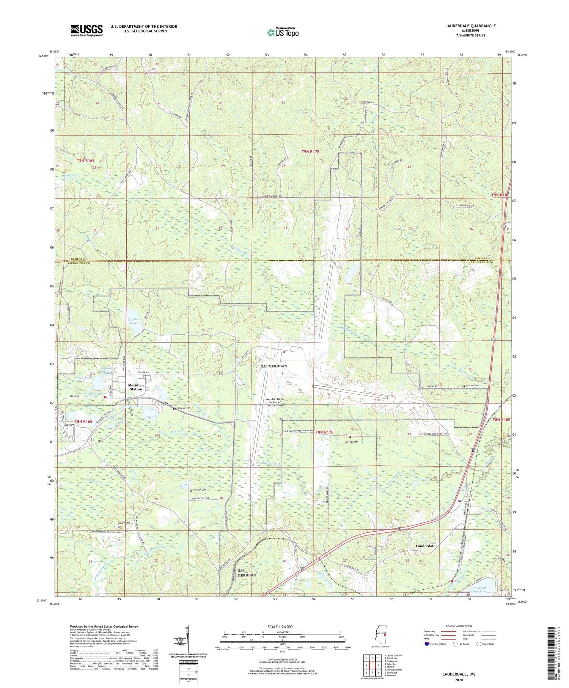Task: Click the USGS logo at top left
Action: pyautogui.click(x=86, y=30)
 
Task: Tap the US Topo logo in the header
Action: pyautogui.click(x=283, y=32)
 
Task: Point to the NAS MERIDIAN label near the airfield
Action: pyautogui.click(x=273, y=366)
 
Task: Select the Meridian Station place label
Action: pyautogui.click(x=136, y=387)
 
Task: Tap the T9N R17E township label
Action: pyautogui.click(x=310, y=151)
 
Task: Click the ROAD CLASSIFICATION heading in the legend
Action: pyautogui.click(x=449, y=626)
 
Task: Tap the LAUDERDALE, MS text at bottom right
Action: pyautogui.click(x=458, y=674)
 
